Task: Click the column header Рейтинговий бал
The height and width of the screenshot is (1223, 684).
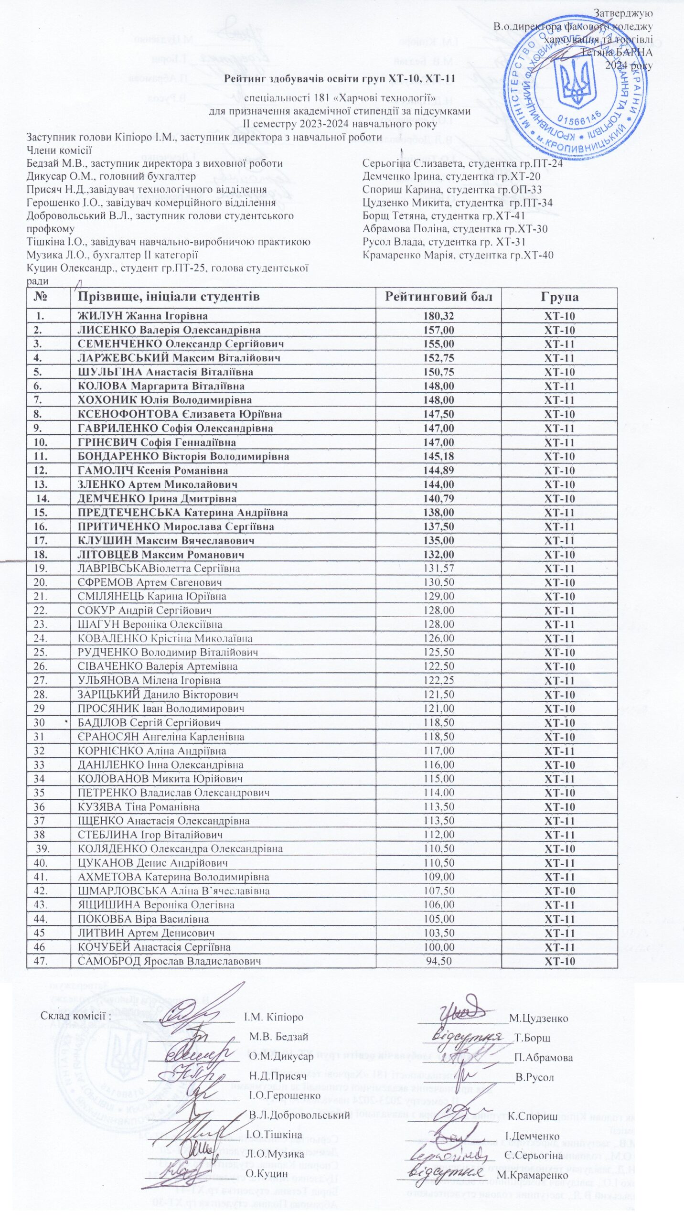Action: pyautogui.click(x=438, y=297)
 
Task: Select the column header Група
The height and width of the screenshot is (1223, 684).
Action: pyautogui.click(x=559, y=297)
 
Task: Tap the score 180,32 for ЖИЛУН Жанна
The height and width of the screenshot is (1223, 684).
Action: pyautogui.click(x=438, y=316)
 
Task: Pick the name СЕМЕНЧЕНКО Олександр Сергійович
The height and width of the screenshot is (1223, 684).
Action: pyautogui.click(x=181, y=344)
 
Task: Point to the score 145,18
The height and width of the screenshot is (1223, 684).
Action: pyautogui.click(x=438, y=456)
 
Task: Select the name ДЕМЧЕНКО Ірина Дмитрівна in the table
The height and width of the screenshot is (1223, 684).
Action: pyautogui.click(x=157, y=499)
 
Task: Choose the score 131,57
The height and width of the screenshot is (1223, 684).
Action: pyautogui.click(x=438, y=569)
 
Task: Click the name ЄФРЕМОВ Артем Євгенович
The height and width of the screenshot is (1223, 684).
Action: pyautogui.click(x=150, y=583)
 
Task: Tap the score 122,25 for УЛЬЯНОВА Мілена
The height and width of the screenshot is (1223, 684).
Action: pyautogui.click(x=438, y=680)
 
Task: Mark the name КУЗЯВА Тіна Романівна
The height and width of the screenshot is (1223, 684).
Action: pyautogui.click(x=139, y=807)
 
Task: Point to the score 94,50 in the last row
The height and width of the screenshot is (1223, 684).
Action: pyautogui.click(x=438, y=947)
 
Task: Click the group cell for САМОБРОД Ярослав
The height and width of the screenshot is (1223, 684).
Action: pyautogui.click(x=559, y=947)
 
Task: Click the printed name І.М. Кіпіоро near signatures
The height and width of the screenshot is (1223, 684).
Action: pyautogui.click(x=274, y=1017)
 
